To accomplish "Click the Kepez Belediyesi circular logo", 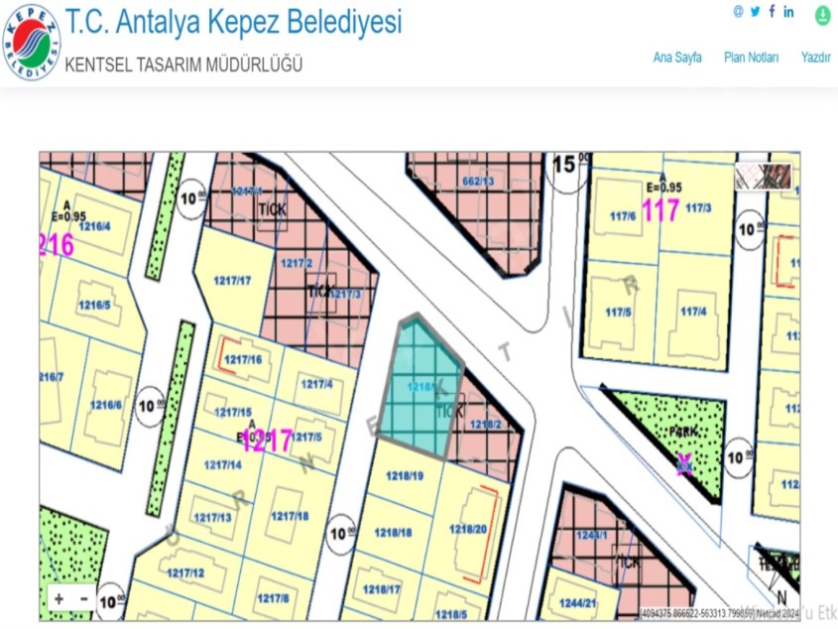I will (x=32, y=42).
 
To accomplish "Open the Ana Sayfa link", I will (x=677, y=58).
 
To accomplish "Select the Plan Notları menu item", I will (x=751, y=58).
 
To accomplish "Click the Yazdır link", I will (x=815, y=58).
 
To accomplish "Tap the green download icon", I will (x=822, y=16).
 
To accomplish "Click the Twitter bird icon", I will (x=755, y=12).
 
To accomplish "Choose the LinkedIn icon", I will (x=788, y=12).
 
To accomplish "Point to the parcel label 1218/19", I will (x=405, y=476).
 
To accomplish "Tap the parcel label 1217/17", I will (x=232, y=281).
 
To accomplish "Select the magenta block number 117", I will (x=660, y=210).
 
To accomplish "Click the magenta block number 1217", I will (x=267, y=441).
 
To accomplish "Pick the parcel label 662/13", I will (x=478, y=182).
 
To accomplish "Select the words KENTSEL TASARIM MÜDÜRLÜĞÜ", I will (x=183, y=65).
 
